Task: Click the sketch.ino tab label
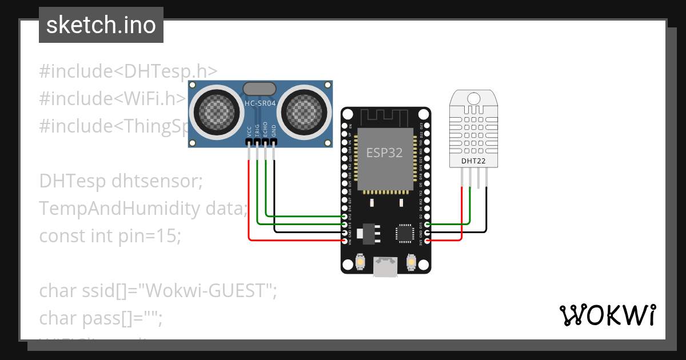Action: click(101, 25)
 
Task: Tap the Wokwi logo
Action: click(607, 315)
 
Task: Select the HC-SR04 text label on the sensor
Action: click(260, 103)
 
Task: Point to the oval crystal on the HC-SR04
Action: click(260, 89)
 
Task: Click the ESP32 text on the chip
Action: click(384, 153)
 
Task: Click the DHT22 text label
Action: click(473, 161)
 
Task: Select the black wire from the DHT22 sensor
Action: click(486, 211)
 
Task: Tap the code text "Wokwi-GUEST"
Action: click(206, 291)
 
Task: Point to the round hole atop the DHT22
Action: click(473, 98)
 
